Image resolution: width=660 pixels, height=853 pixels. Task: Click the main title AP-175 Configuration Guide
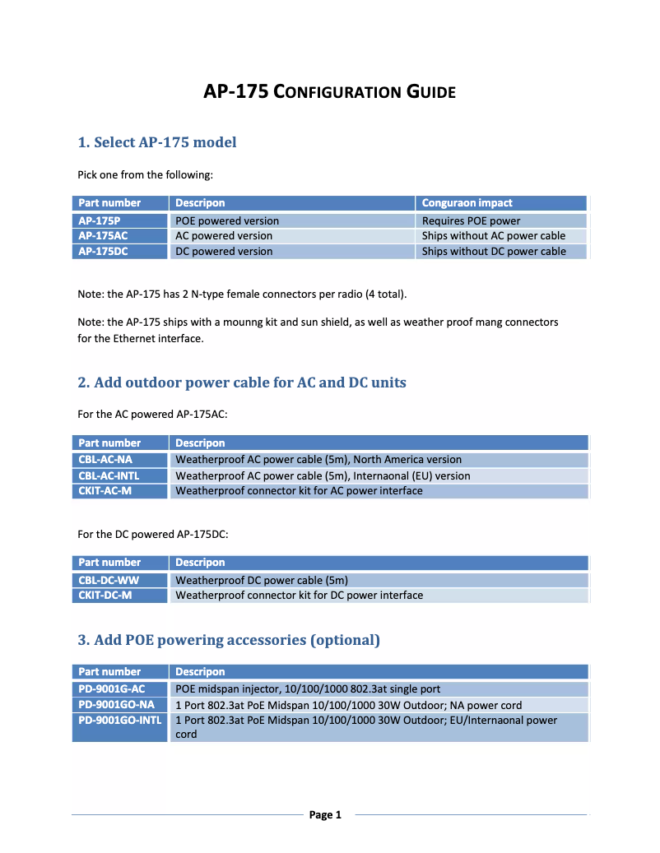pyautogui.click(x=329, y=91)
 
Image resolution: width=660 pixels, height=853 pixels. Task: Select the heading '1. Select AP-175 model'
pyautogui.click(x=156, y=142)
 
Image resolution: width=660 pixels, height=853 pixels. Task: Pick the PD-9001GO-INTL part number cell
pyautogui.click(x=119, y=721)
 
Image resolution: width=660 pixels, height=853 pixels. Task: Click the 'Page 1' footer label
pyautogui.click(x=325, y=815)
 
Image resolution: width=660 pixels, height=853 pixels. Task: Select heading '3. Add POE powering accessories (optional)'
pyautogui.click(x=229, y=640)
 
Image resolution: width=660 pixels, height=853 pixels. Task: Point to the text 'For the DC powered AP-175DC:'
pyautogui.click(x=152, y=534)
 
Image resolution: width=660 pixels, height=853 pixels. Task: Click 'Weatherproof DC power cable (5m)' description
pyautogui.click(x=262, y=579)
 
